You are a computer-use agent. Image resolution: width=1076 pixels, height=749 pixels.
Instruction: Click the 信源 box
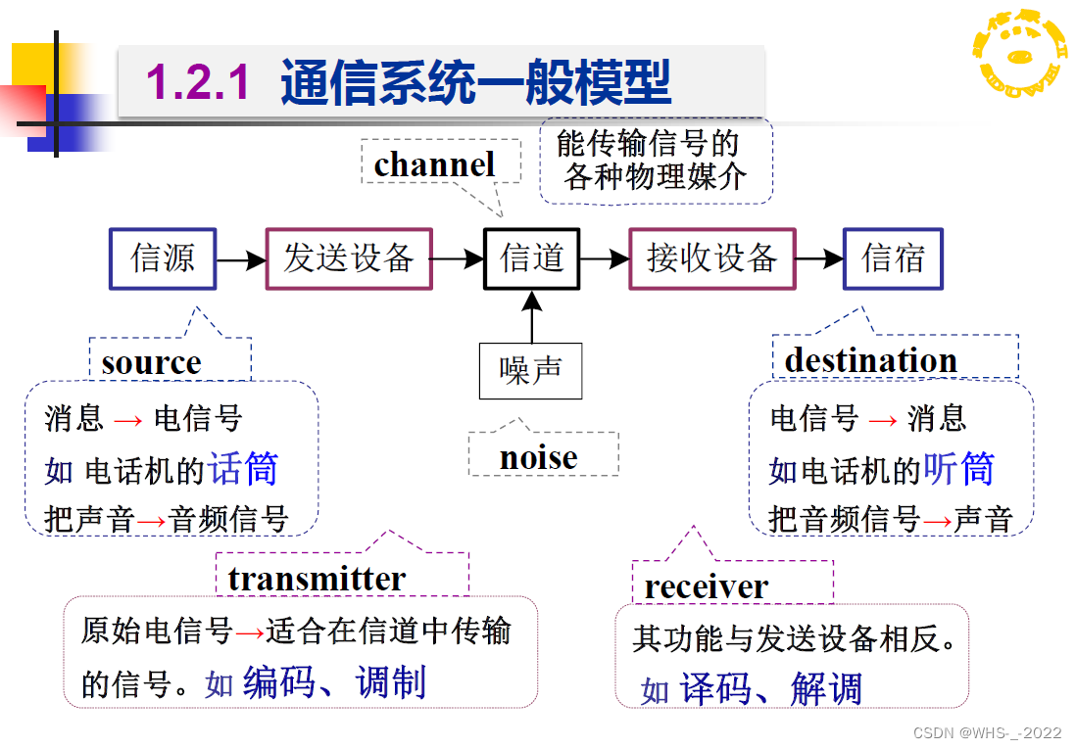tap(162, 259)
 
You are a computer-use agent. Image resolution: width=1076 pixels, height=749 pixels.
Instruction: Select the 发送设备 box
tap(349, 259)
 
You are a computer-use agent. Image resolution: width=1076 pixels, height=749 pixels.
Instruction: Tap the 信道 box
tap(532, 259)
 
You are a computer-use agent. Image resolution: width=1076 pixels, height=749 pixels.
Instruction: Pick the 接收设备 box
tap(711, 259)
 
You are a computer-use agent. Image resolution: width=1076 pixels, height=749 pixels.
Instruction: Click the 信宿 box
tap(893, 259)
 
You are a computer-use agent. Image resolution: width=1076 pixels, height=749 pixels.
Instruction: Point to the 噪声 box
tap(530, 371)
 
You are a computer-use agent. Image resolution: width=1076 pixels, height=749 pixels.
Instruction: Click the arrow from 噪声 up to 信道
tap(532, 317)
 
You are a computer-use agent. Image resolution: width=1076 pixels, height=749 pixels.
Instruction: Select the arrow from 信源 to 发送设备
tap(241, 260)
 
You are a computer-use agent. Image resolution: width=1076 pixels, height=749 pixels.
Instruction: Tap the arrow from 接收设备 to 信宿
tap(818, 259)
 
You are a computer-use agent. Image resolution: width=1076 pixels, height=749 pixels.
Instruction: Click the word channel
tap(434, 164)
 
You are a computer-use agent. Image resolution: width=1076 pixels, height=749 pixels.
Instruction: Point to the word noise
tap(538, 457)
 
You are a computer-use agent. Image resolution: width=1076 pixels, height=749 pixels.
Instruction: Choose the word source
tap(151, 362)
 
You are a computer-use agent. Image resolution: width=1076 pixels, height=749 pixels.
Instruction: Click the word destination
tap(870, 360)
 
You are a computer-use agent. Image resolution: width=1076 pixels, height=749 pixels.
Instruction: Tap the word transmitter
tap(317, 579)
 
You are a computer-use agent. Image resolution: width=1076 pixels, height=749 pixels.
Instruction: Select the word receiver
tap(706, 586)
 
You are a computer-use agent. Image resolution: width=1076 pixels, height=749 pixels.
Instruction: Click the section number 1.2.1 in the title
tap(199, 82)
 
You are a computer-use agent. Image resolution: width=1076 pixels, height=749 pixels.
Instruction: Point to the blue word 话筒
tap(243, 469)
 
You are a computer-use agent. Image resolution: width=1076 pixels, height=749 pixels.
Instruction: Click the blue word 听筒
tap(958, 469)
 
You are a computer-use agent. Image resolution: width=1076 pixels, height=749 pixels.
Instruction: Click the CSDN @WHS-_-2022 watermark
tap(987, 733)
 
